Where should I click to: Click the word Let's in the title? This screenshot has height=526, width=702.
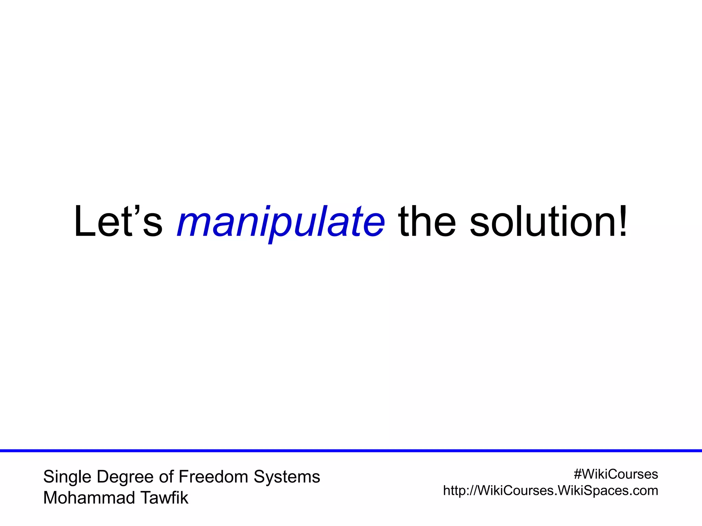tap(118, 222)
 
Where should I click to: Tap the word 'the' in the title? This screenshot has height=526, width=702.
tap(427, 222)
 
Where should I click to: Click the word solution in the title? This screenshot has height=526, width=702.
tap(543, 222)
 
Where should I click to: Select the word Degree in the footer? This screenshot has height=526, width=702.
tap(125, 477)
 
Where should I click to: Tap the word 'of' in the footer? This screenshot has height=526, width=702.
tap(166, 477)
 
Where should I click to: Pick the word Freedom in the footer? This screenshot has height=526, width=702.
tap(213, 477)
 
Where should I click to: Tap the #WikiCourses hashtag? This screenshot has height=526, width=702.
tap(616, 474)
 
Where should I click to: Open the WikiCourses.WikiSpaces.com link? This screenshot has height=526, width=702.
tap(550, 491)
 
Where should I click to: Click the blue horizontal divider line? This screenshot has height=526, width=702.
tap(351, 451)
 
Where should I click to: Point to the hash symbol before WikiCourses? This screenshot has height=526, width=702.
tap(578, 474)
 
